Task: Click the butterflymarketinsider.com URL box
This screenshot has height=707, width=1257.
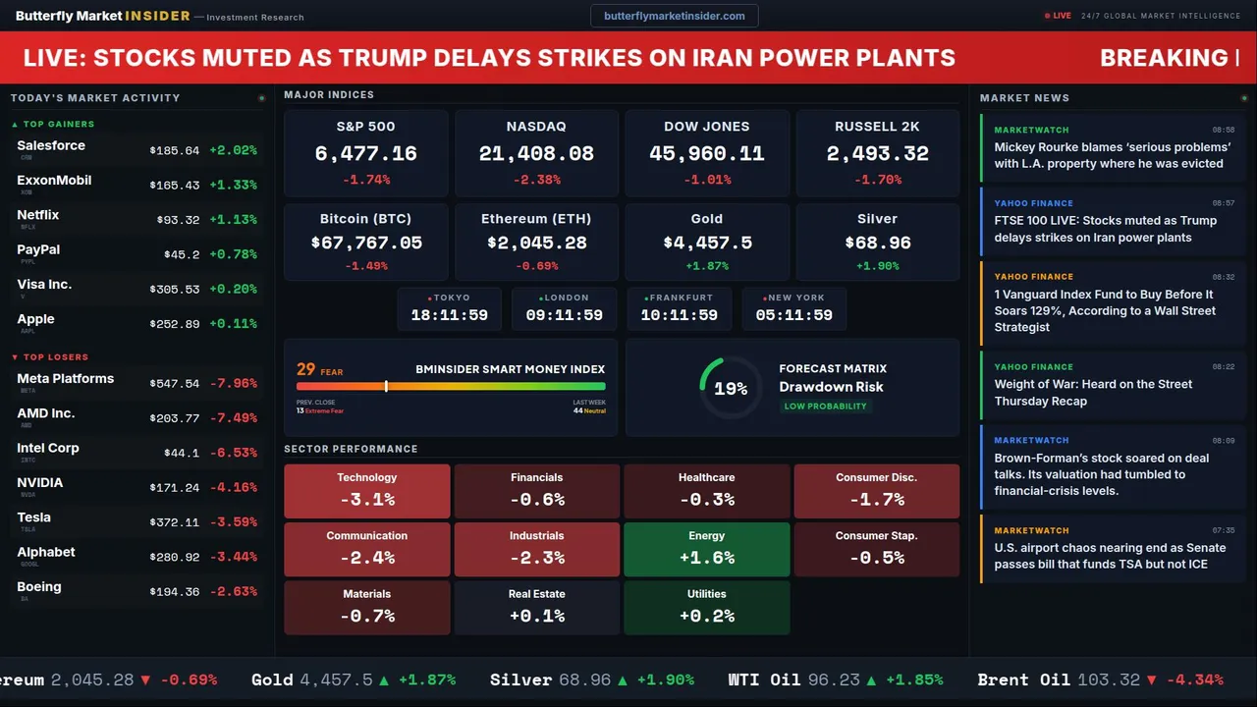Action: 675,16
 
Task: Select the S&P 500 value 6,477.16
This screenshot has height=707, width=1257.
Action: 365,154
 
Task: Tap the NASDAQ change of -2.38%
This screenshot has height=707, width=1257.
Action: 536,180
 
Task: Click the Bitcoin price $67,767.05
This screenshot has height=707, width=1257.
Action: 366,243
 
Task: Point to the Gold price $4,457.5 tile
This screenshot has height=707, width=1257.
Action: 707,243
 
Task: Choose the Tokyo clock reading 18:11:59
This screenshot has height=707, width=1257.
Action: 449,315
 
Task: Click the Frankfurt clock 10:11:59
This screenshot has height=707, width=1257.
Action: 680,315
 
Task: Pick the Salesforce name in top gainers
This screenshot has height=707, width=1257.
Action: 51,145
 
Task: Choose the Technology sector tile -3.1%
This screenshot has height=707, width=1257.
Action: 367,491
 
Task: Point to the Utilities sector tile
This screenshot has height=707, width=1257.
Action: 707,608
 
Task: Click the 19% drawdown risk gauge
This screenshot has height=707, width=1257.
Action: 731,389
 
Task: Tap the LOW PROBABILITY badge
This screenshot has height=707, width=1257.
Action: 825,407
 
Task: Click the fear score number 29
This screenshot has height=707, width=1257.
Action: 306,369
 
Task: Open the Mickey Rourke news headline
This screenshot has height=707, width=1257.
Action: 1112,155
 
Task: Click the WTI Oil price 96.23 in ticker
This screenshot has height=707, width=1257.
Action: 836,680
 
